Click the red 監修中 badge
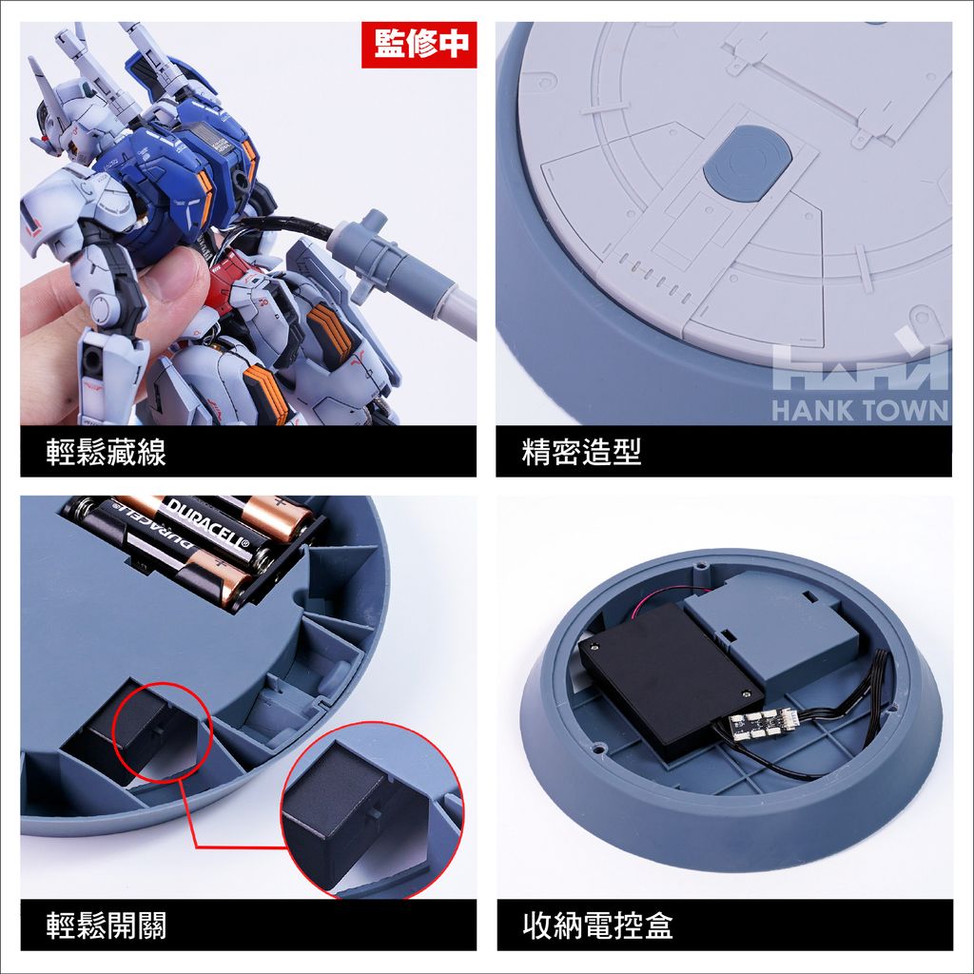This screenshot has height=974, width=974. tap(419, 44)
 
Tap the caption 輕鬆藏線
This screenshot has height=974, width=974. tap(107, 452)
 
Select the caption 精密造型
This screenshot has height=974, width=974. tap(581, 452)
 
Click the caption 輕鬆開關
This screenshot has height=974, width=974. tap(107, 925)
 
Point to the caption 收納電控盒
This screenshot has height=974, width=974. tap(597, 925)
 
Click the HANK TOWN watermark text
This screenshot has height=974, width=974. tap(860, 411)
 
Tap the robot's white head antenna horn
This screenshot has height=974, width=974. tap(45, 84)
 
